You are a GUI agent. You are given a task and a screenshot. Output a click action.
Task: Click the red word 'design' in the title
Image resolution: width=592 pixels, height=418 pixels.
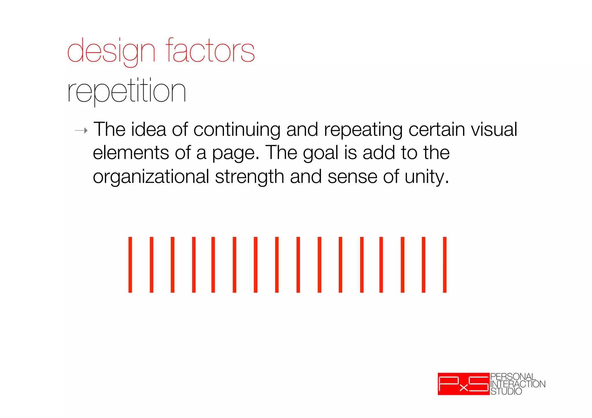point(111,51)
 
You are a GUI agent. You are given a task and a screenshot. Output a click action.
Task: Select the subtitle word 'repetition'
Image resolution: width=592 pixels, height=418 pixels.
point(126,91)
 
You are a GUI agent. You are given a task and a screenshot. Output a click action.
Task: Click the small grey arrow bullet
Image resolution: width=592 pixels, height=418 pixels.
point(81,131)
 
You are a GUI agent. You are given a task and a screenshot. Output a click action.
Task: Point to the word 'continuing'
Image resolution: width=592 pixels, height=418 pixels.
point(237,130)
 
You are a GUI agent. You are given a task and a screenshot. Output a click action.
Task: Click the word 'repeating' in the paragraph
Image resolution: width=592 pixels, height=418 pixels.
point(363,130)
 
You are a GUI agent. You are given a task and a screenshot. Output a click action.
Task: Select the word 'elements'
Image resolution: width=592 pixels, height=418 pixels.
point(131,153)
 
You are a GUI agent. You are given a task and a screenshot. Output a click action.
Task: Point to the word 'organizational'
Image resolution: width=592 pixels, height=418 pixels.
point(151,177)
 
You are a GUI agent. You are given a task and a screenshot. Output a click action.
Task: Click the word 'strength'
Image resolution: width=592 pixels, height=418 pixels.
point(249,177)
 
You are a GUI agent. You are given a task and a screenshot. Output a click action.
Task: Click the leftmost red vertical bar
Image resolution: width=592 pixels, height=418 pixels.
point(130,265)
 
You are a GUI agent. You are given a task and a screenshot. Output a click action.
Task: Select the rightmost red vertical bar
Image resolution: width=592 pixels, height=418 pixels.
point(445,265)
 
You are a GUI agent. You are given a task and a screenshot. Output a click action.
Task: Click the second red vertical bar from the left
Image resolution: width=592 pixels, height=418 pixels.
point(151,265)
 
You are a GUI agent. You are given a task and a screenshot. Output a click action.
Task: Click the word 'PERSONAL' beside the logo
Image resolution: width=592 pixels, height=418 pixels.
point(513,377)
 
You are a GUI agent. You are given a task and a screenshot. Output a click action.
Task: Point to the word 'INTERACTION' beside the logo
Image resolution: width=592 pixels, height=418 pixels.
point(518,384)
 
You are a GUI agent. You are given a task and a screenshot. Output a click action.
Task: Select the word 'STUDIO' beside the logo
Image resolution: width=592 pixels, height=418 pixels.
point(506,391)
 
